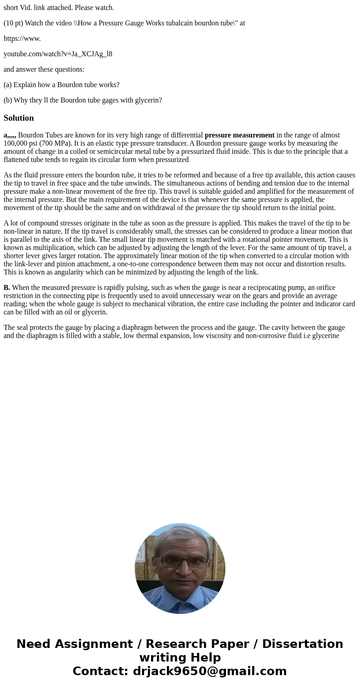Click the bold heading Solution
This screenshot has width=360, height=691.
tap(19, 118)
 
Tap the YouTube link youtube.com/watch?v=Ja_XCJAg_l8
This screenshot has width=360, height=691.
tap(58, 54)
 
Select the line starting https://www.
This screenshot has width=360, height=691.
tap(22, 39)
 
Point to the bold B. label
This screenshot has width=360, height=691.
tap(7, 288)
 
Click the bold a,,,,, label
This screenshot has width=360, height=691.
tap(10, 135)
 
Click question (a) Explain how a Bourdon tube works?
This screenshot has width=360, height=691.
tap(62, 85)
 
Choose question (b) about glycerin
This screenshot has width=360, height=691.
tap(83, 100)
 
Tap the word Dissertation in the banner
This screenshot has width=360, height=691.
tap(302, 644)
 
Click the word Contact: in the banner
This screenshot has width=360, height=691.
tap(101, 671)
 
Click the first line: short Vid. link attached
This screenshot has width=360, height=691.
tap(59, 8)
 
